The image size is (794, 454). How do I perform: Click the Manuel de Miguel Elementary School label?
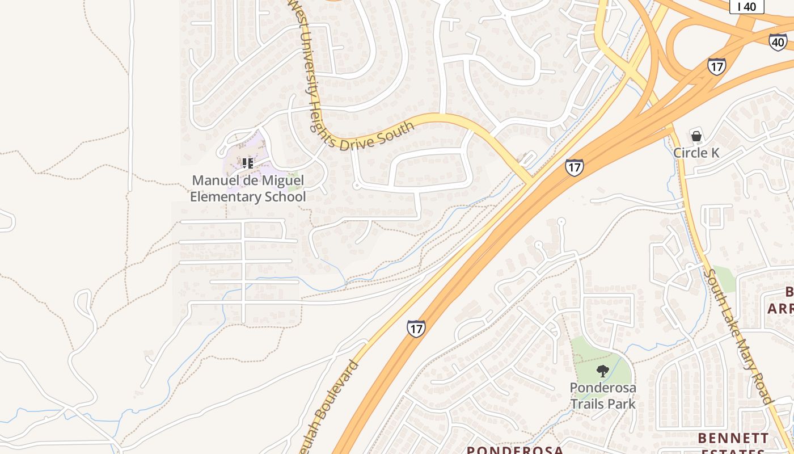[248, 189]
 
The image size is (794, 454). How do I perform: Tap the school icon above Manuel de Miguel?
[248, 163]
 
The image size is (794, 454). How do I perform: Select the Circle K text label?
[696, 153]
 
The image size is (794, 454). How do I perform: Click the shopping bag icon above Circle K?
[696, 136]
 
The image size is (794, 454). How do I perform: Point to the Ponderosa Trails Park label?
[603, 396]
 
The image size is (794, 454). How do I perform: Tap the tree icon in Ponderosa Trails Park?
[603, 371]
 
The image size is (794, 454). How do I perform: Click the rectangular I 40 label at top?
[746, 6]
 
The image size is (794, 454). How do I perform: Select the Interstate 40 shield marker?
[778, 42]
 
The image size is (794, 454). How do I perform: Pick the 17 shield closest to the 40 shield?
[717, 66]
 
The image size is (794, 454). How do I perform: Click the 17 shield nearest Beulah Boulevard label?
[416, 329]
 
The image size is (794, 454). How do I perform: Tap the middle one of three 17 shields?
[574, 167]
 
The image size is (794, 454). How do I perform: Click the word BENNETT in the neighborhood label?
[733, 438]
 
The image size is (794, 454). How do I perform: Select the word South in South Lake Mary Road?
[712, 285]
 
